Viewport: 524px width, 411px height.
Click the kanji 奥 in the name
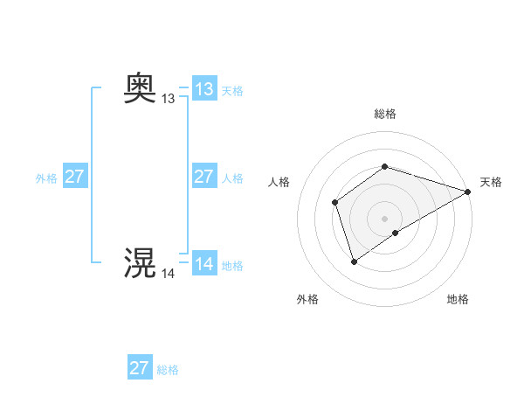[141, 88]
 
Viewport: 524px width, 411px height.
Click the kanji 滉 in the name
[141, 262]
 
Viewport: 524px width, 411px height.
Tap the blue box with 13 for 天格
[204, 89]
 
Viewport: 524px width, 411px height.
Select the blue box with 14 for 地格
[204, 264]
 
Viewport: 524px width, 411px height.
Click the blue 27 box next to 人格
[204, 177]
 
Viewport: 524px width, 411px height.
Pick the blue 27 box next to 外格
[75, 177]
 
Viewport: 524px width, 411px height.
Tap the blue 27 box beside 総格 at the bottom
[140, 368]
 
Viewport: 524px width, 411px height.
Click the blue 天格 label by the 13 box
[232, 91]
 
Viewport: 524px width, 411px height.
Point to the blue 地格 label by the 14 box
[232, 266]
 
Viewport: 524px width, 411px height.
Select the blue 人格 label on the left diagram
[232, 178]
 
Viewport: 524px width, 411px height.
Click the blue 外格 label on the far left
[46, 178]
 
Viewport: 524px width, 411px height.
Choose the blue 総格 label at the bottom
[168, 370]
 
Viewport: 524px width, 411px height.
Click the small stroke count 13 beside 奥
[168, 100]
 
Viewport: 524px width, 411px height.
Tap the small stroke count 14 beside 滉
[168, 274]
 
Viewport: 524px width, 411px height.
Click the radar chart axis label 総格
[385, 114]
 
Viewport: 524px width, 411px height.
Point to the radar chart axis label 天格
[491, 182]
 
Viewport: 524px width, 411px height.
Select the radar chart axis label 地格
[458, 299]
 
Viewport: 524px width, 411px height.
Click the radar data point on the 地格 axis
[396, 233]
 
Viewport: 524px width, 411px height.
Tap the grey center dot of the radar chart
[385, 219]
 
